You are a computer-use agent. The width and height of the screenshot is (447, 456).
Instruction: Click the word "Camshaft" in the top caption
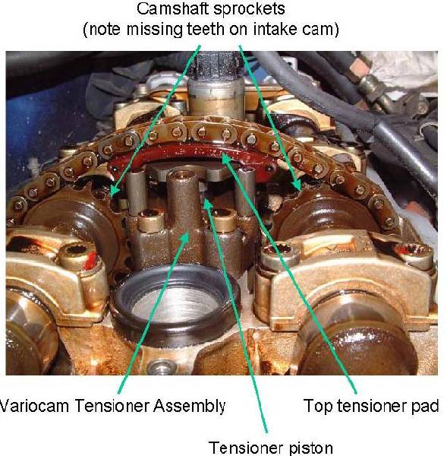point(172,9)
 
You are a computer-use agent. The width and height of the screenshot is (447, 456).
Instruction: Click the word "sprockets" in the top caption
point(249,10)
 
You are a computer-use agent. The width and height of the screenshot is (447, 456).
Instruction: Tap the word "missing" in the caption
point(154,30)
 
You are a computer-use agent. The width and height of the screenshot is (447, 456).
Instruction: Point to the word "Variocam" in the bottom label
point(34,405)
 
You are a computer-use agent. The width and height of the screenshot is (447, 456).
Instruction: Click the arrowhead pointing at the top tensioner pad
point(227,159)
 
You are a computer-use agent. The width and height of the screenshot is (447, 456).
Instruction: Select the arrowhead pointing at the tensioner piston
point(207,204)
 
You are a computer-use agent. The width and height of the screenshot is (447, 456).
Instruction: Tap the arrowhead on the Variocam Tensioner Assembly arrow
point(186,238)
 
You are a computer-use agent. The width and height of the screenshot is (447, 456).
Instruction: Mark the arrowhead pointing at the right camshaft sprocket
point(297,185)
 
